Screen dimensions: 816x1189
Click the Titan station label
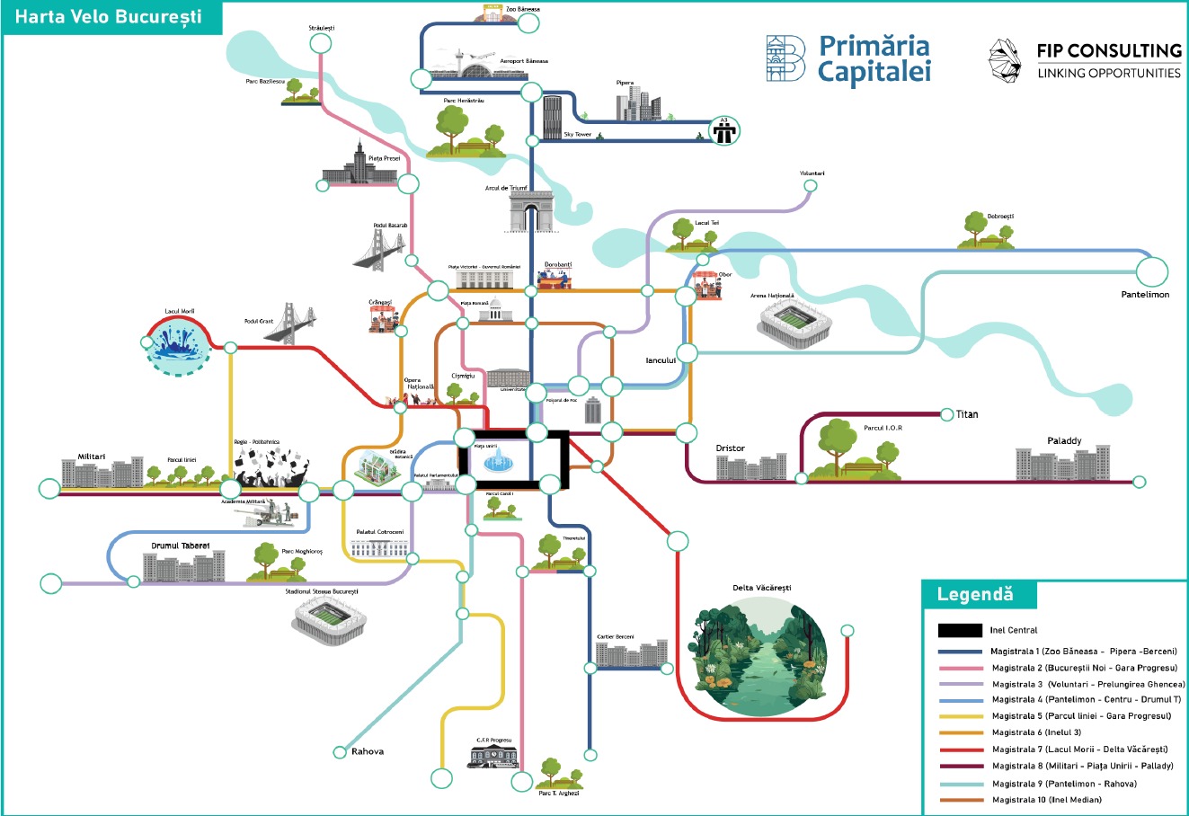[967, 414]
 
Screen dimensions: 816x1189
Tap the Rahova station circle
[340, 752]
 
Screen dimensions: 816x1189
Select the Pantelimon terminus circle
[1151, 271]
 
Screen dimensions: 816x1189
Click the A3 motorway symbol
[723, 131]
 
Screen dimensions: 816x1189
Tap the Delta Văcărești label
[761, 588]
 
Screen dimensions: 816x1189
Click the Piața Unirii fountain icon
[495, 462]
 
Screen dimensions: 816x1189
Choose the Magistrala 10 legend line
[960, 800]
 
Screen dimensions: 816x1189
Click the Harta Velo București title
[109, 17]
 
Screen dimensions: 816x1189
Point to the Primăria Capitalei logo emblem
[785, 59]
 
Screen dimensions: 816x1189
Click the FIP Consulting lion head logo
[1007, 60]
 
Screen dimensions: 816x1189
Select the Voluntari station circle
[810, 187]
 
